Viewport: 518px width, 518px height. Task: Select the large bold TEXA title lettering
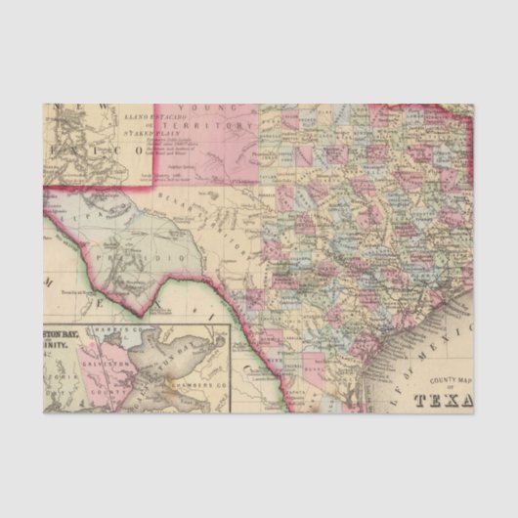[x=445, y=400]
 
